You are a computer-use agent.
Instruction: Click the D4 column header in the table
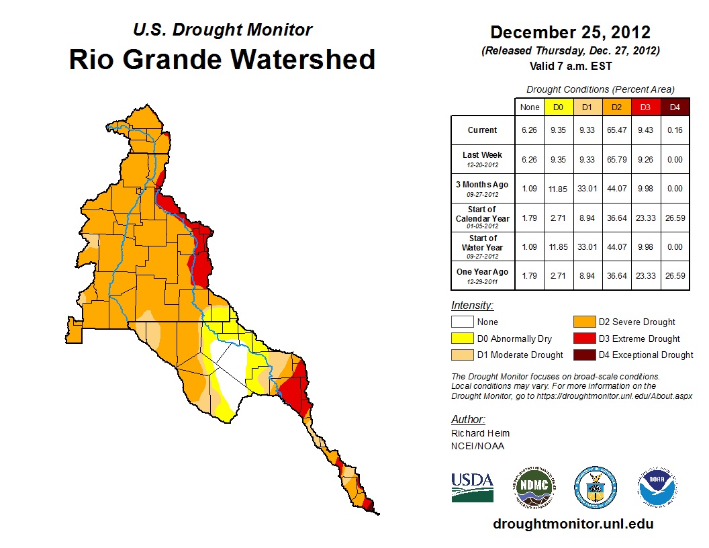point(675,107)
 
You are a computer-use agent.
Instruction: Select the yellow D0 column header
point(558,107)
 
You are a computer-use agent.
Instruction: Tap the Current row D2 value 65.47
point(616,130)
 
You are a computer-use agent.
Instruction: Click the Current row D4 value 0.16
point(675,130)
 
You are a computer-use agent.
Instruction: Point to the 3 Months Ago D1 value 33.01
point(587,189)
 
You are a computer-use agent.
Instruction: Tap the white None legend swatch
point(462,322)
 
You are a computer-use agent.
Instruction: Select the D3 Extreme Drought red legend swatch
point(583,338)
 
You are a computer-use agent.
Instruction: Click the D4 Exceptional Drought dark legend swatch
point(583,355)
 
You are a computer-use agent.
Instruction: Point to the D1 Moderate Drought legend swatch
point(462,355)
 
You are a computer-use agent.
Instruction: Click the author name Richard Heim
point(480,433)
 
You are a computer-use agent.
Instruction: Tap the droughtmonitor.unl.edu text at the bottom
point(573,524)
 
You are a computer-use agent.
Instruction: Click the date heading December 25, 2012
point(570,32)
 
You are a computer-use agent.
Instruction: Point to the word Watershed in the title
point(303,60)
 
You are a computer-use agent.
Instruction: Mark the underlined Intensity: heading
point(472,306)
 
